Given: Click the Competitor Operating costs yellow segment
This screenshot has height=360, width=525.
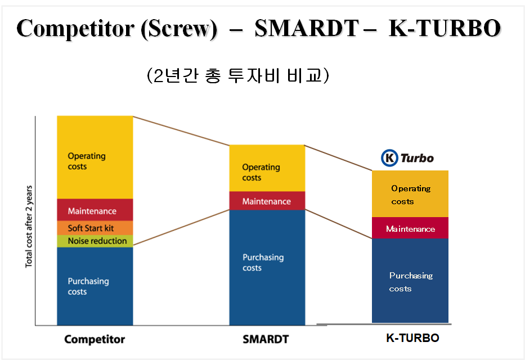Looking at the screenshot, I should [x=95, y=157].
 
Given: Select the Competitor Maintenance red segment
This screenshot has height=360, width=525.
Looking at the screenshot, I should [x=95, y=210].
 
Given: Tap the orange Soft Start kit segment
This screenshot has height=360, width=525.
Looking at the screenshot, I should [x=95, y=228].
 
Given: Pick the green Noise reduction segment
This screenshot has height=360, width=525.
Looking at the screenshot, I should [x=95, y=241].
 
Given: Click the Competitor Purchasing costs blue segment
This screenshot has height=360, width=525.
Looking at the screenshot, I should [x=95, y=286].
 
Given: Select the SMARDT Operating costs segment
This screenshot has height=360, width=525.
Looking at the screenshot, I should [x=267, y=168].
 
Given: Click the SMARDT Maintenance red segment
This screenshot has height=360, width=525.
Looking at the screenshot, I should [x=267, y=201].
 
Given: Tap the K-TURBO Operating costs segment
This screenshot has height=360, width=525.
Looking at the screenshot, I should [x=410, y=194].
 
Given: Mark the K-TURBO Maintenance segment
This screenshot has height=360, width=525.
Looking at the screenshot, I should [x=410, y=228].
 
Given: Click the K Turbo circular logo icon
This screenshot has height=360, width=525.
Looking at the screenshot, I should [x=389, y=158].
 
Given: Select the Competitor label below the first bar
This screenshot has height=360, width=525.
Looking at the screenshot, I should [x=95, y=339].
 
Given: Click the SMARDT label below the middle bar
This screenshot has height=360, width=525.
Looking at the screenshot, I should [x=266, y=339].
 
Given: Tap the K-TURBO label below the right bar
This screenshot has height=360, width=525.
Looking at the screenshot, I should [x=412, y=338].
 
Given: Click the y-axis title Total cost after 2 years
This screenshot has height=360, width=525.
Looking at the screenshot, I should [x=29, y=226].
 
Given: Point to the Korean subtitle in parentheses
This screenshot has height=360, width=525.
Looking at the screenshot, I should [x=237, y=76].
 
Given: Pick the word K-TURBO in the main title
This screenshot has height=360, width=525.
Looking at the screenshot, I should [x=444, y=29].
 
